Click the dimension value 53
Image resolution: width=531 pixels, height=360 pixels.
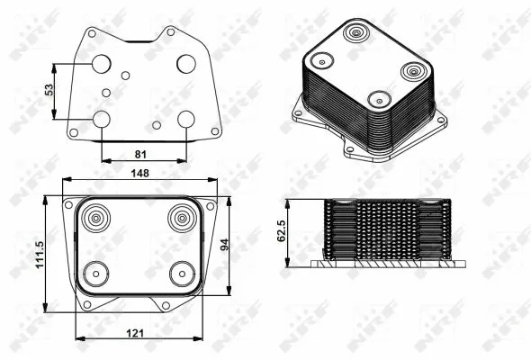point(50,91)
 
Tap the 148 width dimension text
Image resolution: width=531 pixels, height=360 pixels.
point(140,173)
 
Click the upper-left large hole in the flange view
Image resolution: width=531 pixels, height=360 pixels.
point(101,63)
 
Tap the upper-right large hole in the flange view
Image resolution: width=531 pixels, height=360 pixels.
point(186,63)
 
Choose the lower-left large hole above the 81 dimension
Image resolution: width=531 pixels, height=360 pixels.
point(101,119)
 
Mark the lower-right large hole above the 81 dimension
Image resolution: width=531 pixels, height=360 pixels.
point(186,119)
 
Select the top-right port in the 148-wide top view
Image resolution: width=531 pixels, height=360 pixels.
point(181,217)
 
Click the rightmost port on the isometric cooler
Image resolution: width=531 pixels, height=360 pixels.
point(413,72)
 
